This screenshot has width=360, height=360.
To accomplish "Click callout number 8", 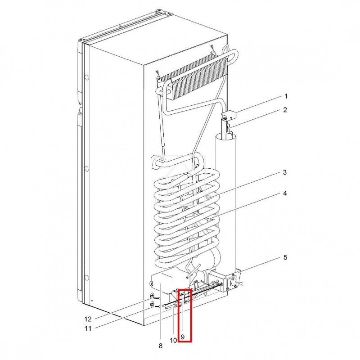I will coord(160,346).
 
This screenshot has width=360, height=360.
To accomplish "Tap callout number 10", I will coord(173,340).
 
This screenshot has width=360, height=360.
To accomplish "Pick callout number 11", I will coord(89,328).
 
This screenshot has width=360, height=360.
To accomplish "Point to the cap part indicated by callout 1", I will coord(229,116).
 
